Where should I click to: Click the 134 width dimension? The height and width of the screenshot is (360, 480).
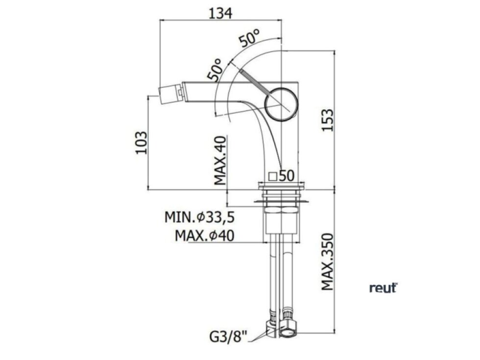(x=220, y=13)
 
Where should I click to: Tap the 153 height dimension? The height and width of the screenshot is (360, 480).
(x=327, y=120)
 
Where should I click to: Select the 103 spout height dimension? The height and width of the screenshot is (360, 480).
(x=142, y=143)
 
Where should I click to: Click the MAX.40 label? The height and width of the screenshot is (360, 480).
(x=220, y=161)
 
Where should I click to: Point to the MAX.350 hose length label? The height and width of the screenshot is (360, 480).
(x=327, y=262)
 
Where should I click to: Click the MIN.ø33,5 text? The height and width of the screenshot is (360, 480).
(x=200, y=217)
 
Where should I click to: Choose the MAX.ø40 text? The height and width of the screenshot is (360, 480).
(x=205, y=236)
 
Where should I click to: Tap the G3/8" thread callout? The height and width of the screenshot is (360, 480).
(x=228, y=337)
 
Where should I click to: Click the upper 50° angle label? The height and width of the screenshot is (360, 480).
(x=249, y=38)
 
